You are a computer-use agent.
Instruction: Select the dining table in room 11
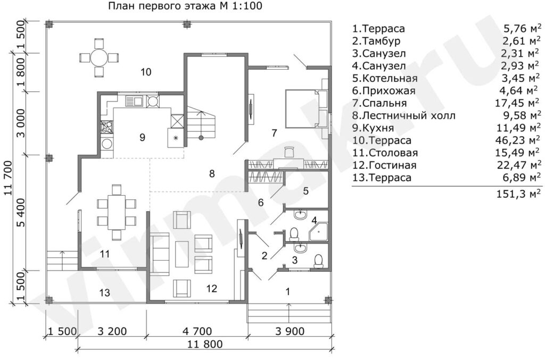pos(116,212)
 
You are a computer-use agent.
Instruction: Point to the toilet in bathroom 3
pos(319,262)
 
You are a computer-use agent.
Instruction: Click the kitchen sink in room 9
pos(134,101)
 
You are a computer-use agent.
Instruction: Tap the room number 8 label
pos(212,173)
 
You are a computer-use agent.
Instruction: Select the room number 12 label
pos(212,288)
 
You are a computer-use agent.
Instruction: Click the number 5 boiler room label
pos(306,191)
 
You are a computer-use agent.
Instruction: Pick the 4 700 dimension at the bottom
pos(197,331)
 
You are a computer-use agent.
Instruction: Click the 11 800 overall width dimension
pos(205,345)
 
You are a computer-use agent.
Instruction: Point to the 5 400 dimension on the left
pos(21,213)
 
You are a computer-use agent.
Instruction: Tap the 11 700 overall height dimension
pos(9,178)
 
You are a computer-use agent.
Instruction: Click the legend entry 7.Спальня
pos(379,103)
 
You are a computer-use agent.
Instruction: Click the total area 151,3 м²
pos(519,194)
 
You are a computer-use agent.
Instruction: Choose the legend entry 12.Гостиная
pos(384,165)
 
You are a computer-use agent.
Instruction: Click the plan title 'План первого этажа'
pos(166,6)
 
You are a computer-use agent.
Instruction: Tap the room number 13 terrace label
pos(104,292)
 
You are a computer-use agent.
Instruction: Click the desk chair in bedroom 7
pos(289,151)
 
